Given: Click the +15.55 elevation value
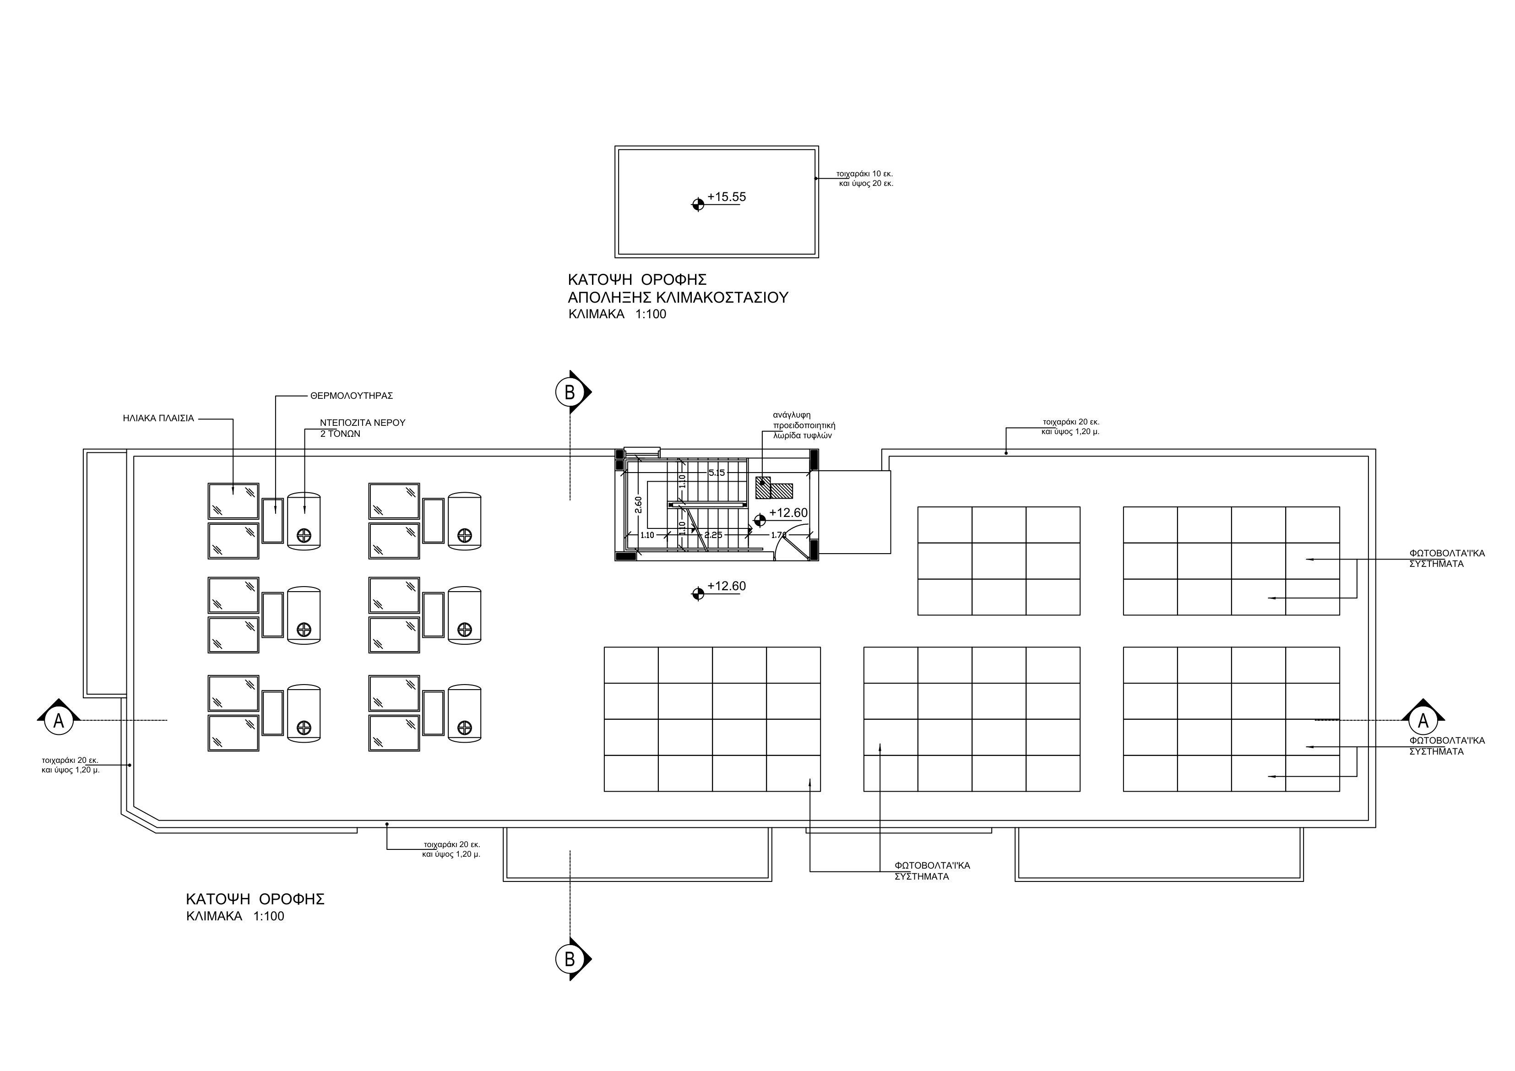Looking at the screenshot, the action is (x=727, y=196).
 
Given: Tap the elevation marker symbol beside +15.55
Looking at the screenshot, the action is (x=697, y=205).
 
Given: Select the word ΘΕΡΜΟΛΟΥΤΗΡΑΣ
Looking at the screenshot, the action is (x=351, y=396).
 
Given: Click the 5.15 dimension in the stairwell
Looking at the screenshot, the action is (x=717, y=473).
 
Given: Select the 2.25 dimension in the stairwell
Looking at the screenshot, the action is (x=713, y=535).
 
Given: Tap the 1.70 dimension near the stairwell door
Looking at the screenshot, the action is (x=779, y=535).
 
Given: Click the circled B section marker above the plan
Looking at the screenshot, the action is (x=570, y=392).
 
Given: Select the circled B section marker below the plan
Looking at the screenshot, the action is (x=570, y=959).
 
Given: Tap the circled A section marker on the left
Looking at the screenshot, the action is (x=58, y=721).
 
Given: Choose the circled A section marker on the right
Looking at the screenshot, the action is (x=1423, y=721).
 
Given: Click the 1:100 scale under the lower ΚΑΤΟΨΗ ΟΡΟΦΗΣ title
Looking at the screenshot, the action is (x=269, y=917).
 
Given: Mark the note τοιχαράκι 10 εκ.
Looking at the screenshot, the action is (x=864, y=174).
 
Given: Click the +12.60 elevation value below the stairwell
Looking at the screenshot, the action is (x=727, y=586).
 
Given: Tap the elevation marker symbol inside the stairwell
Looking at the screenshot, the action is (x=760, y=521).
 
